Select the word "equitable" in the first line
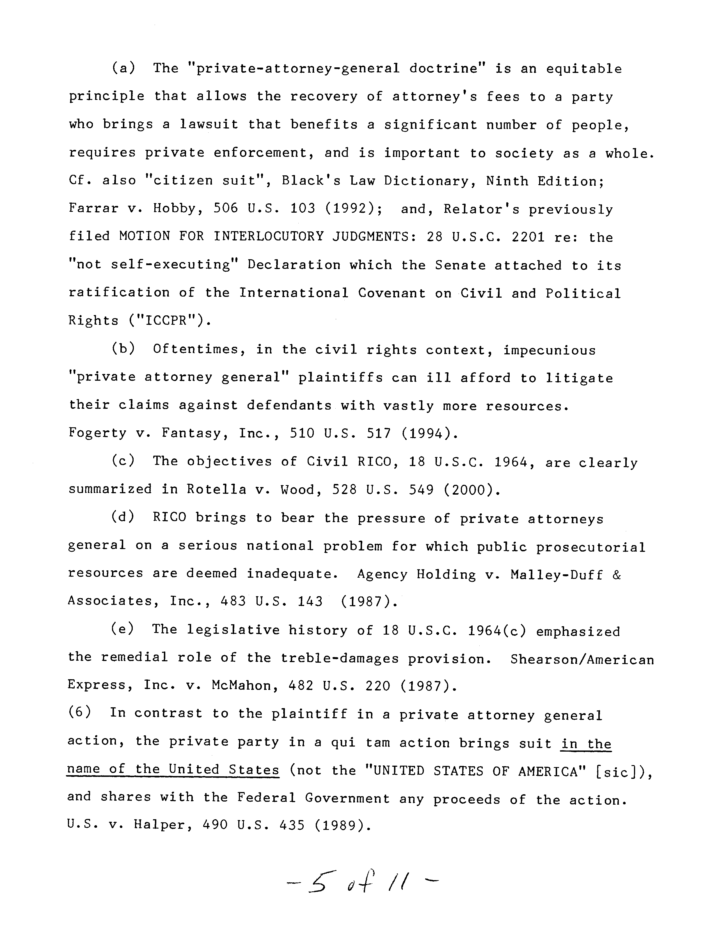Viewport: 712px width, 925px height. click(584, 69)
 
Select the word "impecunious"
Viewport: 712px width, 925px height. click(549, 350)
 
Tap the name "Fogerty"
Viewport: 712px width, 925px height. click(97, 433)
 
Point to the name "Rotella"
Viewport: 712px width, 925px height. click(216, 490)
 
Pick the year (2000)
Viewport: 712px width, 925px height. click(472, 490)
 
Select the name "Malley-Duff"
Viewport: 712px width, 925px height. click(557, 574)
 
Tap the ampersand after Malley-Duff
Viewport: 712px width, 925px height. click(617, 574)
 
